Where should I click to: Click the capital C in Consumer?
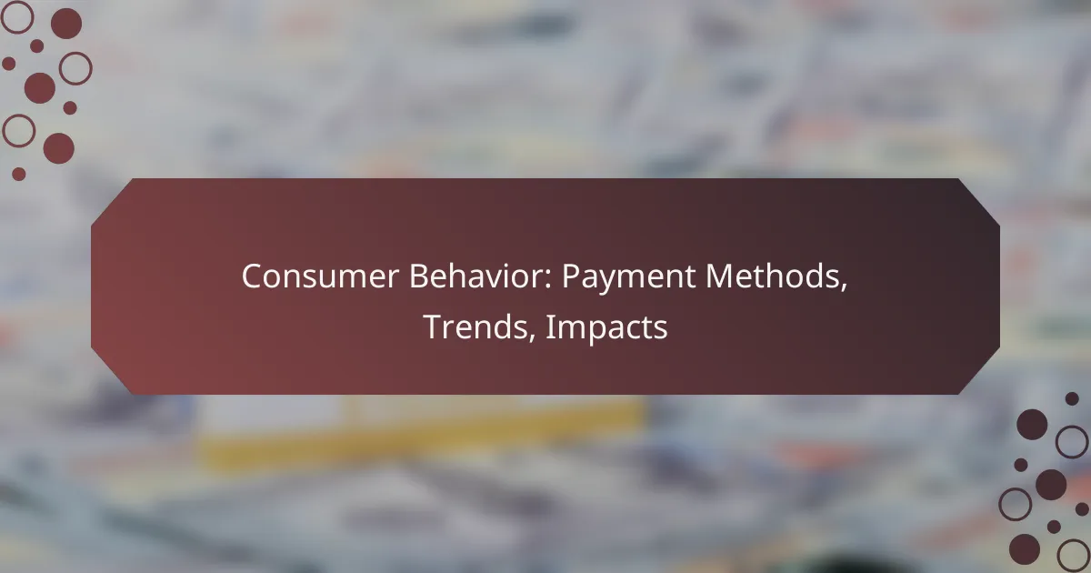coord(251,277)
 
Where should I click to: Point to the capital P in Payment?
coord(568,277)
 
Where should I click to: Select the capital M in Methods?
coord(716,277)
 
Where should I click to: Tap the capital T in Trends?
coord(432,327)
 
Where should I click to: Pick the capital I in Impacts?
coord(549,327)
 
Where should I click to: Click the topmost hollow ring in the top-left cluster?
coord(17,16)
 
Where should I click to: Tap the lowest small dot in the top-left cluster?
coord(19,174)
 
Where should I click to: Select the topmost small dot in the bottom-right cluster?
coord(1072,398)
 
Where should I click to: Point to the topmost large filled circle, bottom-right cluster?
coord(1032,424)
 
